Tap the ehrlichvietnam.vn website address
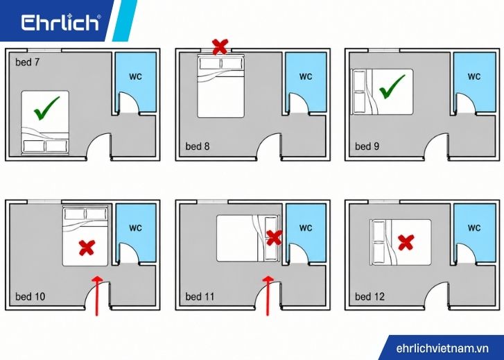point(442,348)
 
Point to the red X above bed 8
point(220,46)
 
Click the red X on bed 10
point(87,248)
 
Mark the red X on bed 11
point(274,238)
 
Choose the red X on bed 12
point(406,242)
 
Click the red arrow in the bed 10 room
point(97,295)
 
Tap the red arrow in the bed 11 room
point(268,295)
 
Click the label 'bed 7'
point(27,62)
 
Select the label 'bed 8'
point(198,146)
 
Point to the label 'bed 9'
point(367,146)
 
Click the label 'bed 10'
point(31,297)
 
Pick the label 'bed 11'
point(200,297)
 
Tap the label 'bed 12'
point(370,297)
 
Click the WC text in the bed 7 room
point(135,77)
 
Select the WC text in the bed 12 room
point(474,228)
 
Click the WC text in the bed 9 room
point(474,76)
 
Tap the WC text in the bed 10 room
point(135,228)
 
